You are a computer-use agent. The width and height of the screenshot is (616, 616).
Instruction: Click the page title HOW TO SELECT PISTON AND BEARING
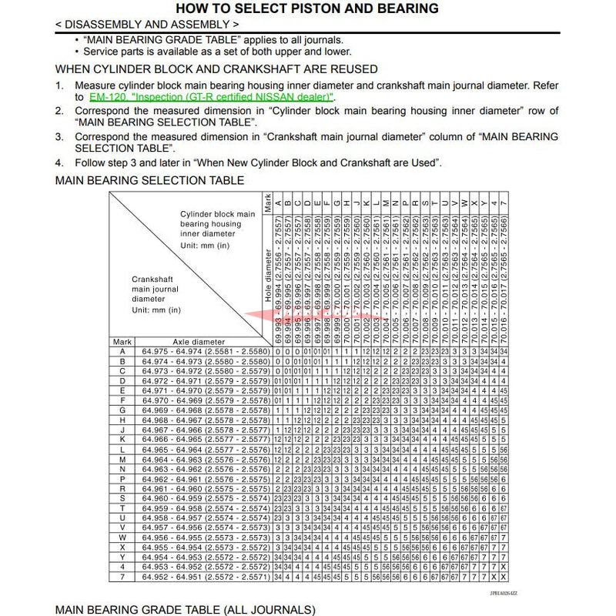307,8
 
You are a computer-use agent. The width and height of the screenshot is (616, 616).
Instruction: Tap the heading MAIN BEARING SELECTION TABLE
150,181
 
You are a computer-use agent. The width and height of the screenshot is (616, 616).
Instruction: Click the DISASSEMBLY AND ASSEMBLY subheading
152,25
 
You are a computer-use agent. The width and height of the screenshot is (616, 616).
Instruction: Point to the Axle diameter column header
199,341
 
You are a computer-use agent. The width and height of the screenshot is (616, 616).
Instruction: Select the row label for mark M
122,459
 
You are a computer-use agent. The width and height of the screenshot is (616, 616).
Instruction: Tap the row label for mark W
122,537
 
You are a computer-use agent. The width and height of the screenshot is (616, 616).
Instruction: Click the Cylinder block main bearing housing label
218,223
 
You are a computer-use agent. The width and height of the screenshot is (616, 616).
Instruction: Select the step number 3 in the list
59,137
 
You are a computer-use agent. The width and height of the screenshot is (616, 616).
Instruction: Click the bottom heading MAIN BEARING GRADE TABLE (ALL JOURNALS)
186,610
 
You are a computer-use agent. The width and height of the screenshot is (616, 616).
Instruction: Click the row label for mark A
122,351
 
